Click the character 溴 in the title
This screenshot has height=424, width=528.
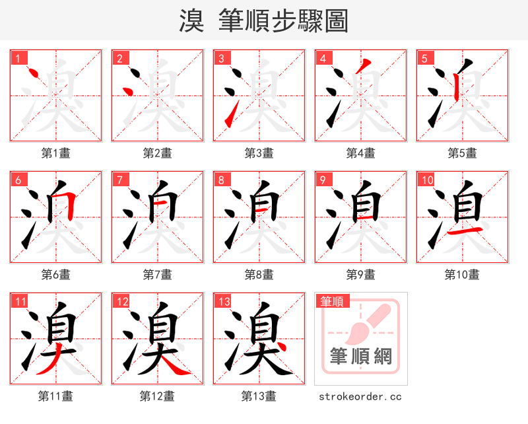pos(191,21)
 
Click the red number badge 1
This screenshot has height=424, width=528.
pos(18,58)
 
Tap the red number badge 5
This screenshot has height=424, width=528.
pos(424,58)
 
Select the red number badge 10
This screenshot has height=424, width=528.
pos(426,180)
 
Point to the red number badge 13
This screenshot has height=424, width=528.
pos(222,301)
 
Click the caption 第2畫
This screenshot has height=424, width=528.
pos(157,153)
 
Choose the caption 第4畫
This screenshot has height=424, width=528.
pos(360,153)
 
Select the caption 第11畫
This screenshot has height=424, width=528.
pos(55,396)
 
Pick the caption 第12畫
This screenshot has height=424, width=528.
pos(157,396)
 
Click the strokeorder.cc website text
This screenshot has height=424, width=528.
pos(360,396)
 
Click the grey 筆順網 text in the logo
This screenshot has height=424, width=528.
pos(360,357)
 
